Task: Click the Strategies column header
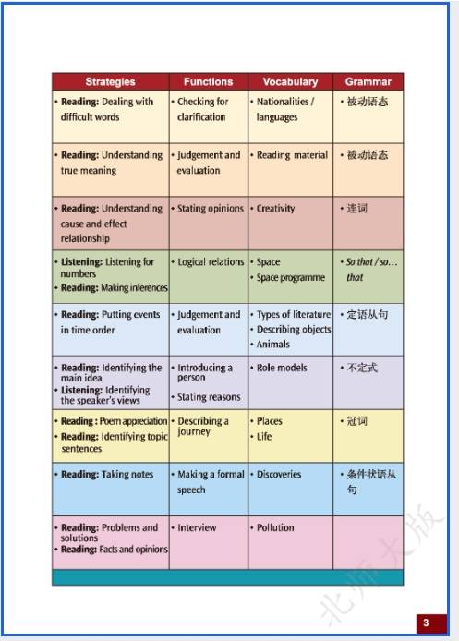(110, 81)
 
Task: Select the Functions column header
(208, 81)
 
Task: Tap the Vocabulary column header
(290, 81)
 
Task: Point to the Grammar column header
(368, 81)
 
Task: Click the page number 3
(426, 623)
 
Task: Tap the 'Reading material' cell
(292, 155)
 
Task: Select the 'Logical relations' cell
(211, 262)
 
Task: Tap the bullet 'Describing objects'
(293, 330)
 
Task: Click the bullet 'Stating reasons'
(209, 397)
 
